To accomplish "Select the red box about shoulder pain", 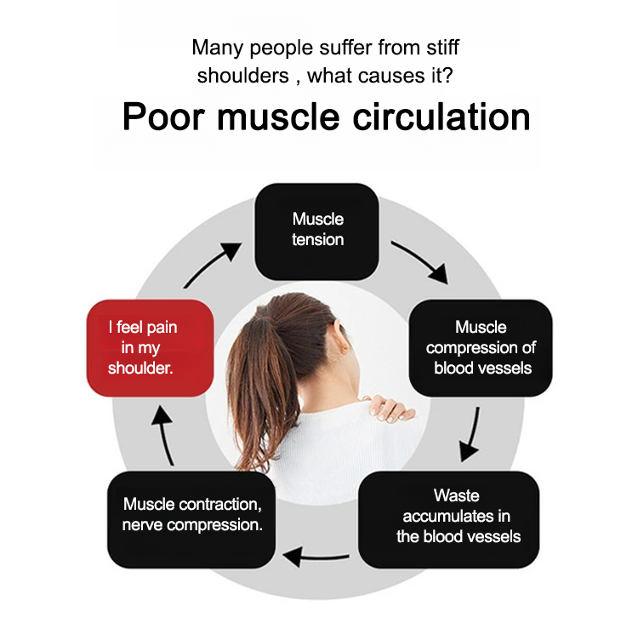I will click(x=149, y=348).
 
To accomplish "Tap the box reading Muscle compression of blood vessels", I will click(x=481, y=348).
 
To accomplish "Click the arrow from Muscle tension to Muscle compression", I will click(x=419, y=261).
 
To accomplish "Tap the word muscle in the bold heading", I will click(x=276, y=117).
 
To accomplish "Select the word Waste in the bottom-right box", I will click(x=457, y=495).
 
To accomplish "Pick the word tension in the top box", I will click(x=317, y=240).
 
